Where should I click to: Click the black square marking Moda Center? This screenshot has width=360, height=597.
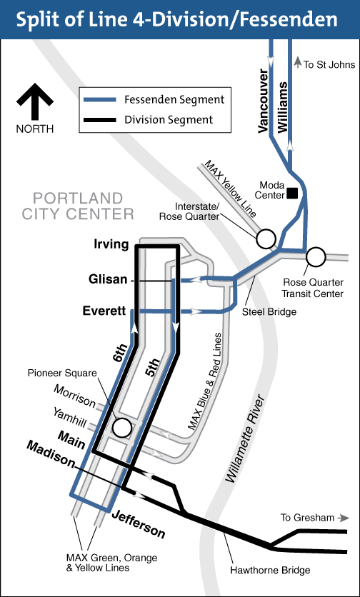pos(293,194)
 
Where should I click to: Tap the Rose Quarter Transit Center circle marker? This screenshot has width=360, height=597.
pos(316,257)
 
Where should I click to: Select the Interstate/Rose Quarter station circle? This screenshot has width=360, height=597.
pos(266,239)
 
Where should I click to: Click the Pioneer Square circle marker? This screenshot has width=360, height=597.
pos(122,428)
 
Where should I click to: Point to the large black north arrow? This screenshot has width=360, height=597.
pos(35,101)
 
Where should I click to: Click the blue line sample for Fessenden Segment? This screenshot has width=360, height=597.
pos(100,100)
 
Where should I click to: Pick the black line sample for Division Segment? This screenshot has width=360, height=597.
pos(100,120)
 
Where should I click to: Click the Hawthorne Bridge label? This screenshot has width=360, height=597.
pos(270,570)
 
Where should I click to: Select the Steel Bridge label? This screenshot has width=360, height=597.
pos(269,312)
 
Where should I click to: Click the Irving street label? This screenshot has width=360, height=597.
pos(111,245)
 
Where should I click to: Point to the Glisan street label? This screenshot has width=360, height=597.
pos(107,280)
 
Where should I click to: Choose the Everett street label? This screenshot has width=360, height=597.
pos(104,311)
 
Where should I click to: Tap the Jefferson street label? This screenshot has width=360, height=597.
pos(139,525)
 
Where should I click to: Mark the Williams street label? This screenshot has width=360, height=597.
pos(283,106)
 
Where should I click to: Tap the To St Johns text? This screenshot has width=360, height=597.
pos(329,64)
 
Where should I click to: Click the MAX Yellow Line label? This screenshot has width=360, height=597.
pos(231,189)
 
